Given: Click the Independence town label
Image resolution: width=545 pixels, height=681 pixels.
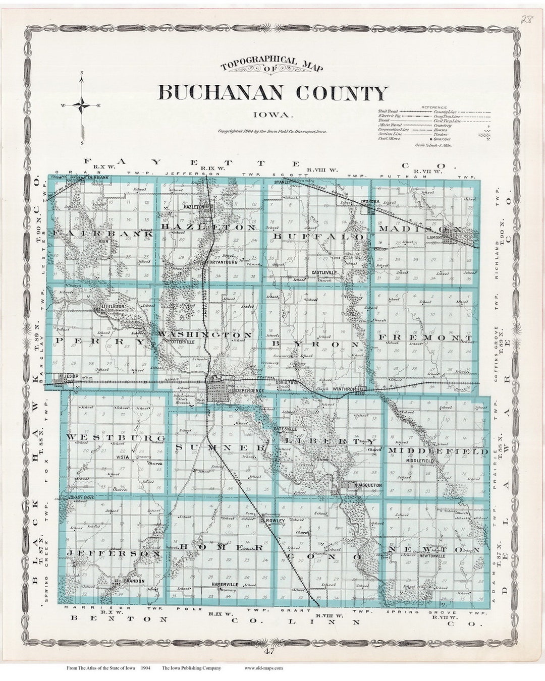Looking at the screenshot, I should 247,391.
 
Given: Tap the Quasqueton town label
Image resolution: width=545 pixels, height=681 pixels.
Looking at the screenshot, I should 368,485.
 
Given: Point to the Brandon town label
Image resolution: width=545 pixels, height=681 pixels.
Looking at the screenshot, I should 134,581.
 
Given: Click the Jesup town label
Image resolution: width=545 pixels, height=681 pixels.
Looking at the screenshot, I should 69,376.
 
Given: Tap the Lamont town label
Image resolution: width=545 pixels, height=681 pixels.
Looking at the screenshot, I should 434,237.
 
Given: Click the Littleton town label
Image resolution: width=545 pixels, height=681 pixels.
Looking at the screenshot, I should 113,306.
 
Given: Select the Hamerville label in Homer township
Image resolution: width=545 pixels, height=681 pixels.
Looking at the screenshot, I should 225,584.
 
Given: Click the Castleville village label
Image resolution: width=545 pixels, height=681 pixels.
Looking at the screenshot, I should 323,272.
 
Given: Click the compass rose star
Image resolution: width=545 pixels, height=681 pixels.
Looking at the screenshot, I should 81,105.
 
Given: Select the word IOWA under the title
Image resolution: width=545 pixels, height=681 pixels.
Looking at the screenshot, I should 272,115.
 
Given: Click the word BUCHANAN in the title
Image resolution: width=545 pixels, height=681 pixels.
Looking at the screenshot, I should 222,93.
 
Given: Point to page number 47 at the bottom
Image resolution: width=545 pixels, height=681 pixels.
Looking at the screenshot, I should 272,651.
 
